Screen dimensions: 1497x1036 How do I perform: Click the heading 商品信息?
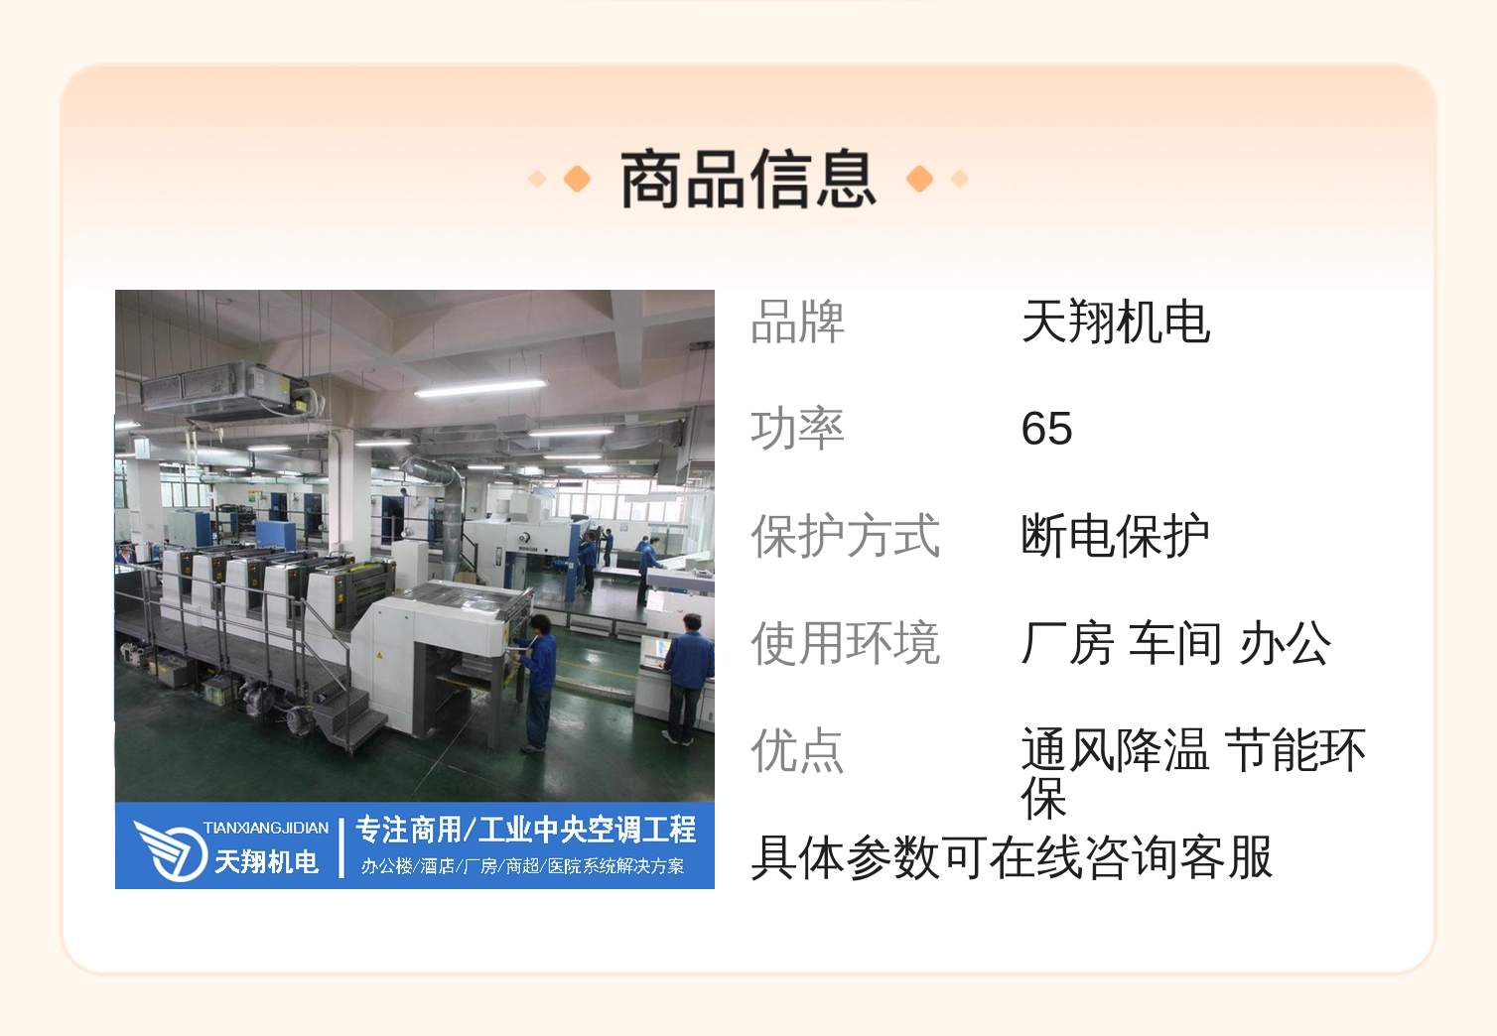click(748, 179)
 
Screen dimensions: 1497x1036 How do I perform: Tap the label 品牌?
click(798, 322)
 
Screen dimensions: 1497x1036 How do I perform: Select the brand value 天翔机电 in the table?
click(1116, 322)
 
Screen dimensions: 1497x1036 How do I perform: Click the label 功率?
click(798, 429)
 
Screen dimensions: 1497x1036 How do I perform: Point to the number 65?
click(1046, 429)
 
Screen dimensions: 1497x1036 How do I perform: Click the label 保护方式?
click(846, 536)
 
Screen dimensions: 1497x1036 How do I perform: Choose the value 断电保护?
click(1116, 536)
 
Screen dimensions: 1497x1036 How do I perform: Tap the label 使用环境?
click(846, 643)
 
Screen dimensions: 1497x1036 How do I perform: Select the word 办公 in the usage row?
click(1285, 643)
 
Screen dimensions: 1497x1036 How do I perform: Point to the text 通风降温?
click(1115, 749)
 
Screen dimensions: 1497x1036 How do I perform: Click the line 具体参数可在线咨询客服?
click(1012, 857)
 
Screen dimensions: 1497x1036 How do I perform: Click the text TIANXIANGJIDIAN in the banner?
click(266, 829)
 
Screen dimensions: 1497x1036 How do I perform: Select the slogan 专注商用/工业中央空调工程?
click(526, 830)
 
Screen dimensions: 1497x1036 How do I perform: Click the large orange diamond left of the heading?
click(578, 179)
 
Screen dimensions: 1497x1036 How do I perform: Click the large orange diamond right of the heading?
click(919, 179)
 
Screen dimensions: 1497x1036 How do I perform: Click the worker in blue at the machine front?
click(537, 683)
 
